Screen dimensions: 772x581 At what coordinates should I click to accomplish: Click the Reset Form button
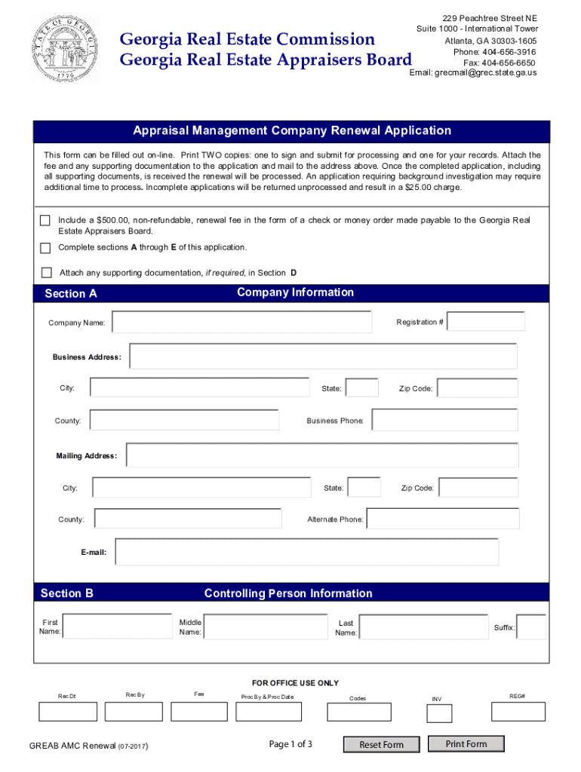point(381,745)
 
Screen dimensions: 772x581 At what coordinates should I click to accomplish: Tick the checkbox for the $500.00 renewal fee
point(45,220)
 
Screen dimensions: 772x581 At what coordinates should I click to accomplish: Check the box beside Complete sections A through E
point(45,248)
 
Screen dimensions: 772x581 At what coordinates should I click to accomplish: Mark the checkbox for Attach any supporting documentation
point(46,272)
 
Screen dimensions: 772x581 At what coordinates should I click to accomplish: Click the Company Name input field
point(241,322)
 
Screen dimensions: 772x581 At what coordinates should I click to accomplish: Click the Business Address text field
point(323,357)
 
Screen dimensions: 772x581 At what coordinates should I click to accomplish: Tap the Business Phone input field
point(443,420)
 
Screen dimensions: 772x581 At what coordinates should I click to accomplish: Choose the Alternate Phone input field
point(443,519)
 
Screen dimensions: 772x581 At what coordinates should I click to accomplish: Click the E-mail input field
point(306,552)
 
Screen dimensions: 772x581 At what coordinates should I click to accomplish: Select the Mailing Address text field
point(322,455)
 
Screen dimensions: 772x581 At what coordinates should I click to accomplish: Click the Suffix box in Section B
point(531,627)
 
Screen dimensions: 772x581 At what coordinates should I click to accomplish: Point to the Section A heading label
point(71,294)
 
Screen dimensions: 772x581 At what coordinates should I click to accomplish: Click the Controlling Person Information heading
point(288,593)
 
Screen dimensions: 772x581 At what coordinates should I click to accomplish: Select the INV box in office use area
point(439,713)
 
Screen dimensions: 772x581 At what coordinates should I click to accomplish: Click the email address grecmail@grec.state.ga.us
point(473,73)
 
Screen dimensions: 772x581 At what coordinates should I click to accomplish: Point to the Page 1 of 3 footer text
point(290,745)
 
